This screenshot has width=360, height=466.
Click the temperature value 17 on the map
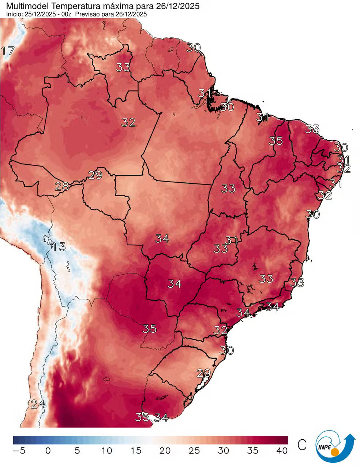8,51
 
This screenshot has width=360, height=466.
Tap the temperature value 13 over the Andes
59,247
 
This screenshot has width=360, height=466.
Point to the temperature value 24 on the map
38,404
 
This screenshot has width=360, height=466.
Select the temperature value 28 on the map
62,186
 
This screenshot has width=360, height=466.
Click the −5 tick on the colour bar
19,451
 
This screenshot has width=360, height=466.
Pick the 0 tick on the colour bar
48,451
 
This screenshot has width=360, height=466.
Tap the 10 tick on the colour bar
106,451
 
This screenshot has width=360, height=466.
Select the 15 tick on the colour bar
136,451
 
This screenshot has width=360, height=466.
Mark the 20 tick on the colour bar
165,451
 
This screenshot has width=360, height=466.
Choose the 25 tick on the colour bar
194,451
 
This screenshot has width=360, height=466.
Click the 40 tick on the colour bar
282,451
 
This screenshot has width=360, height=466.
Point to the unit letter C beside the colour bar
302,445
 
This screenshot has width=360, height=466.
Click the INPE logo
335,447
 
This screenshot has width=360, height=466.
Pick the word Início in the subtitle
14,14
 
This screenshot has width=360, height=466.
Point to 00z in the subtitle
67,14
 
